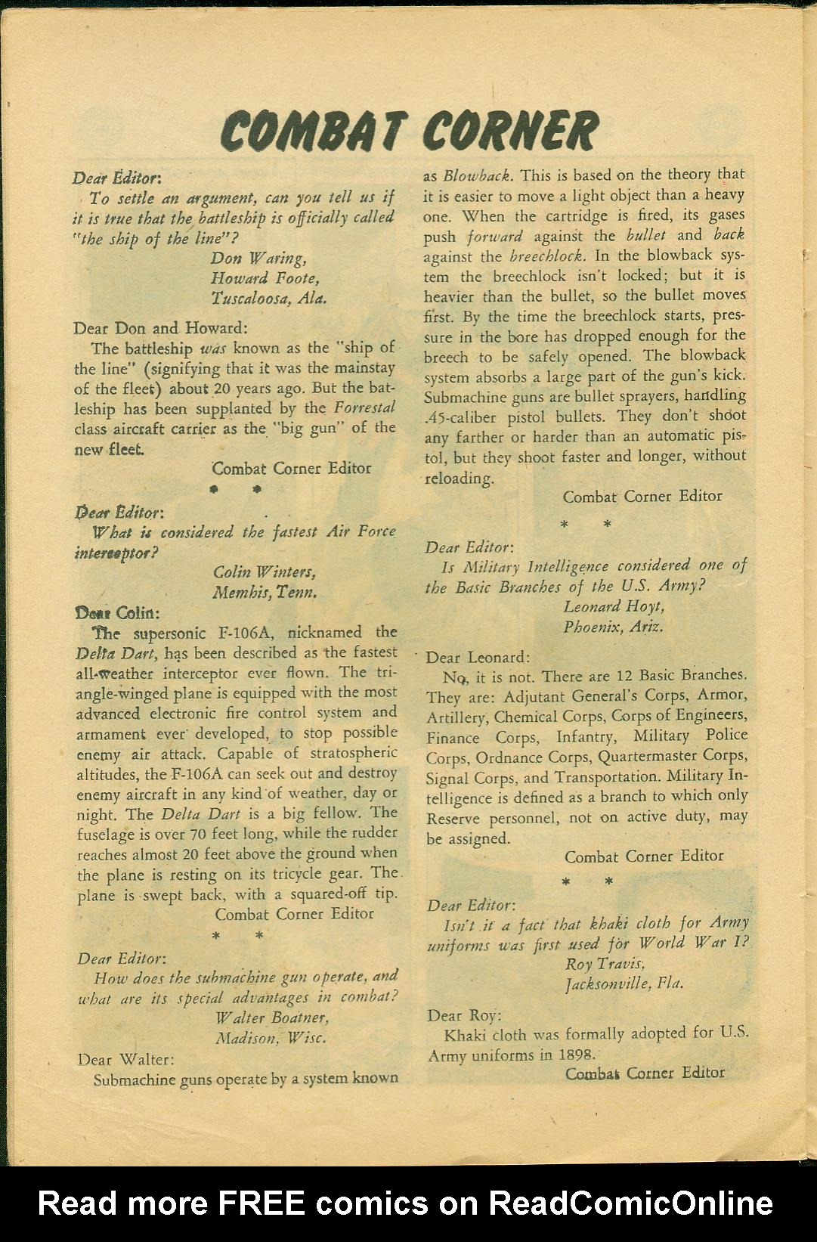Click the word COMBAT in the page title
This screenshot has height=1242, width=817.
pyautogui.click(x=311, y=130)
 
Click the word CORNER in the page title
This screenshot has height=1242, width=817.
pyautogui.click(x=509, y=130)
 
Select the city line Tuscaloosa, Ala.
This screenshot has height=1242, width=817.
pyautogui.click(x=269, y=298)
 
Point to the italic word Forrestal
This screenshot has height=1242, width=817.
pyautogui.click(x=365, y=407)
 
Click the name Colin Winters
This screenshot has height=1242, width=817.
pyautogui.click(x=265, y=571)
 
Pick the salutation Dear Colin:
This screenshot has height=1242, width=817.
pyautogui.click(x=117, y=612)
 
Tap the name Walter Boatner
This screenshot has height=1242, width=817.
pyautogui.click(x=271, y=1017)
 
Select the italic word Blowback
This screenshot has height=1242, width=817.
pyautogui.click(x=478, y=175)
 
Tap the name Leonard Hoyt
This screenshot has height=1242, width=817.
pyautogui.click(x=614, y=606)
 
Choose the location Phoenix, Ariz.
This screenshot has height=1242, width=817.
pyautogui.click(x=614, y=626)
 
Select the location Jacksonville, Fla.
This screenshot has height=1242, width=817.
pyautogui.click(x=624, y=983)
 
